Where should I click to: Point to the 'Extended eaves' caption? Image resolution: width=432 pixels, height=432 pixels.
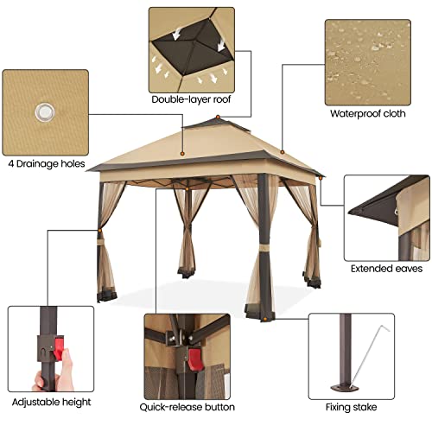click(x=386, y=268)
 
